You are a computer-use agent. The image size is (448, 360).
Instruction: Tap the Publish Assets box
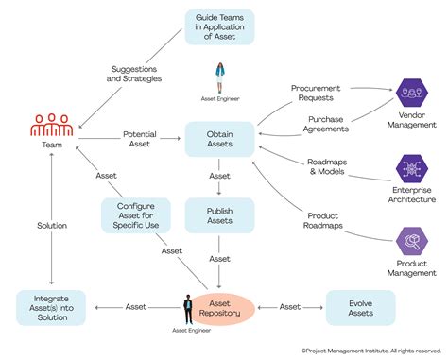pos(219,216)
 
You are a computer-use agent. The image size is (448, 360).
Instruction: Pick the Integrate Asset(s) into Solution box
pos(52,307)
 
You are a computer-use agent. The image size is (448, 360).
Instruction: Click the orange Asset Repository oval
pos(225,307)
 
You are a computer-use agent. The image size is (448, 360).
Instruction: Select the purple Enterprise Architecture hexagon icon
pos(412,169)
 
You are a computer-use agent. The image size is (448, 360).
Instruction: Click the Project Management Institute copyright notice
pos(370,350)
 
